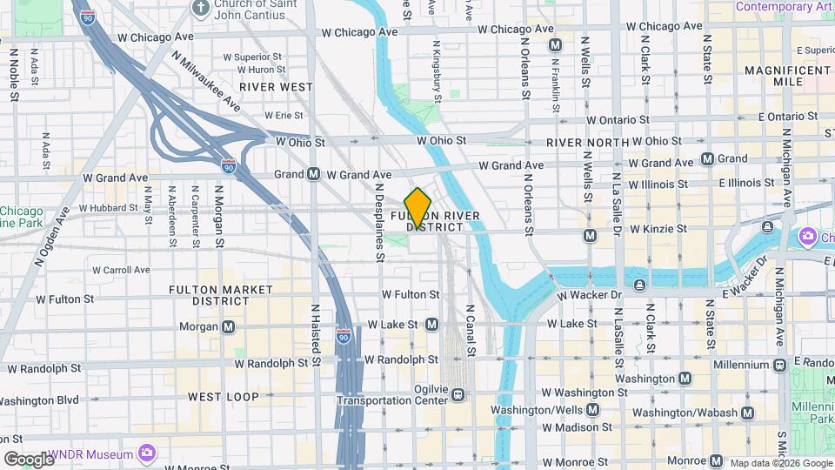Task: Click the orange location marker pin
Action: [417, 208]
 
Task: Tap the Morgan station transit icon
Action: [228, 326]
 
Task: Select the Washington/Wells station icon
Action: [592, 409]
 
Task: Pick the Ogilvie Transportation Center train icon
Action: [456, 396]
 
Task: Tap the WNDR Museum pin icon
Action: [146, 453]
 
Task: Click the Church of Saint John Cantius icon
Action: [201, 9]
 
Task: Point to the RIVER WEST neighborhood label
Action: [276, 87]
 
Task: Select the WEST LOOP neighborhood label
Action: [224, 397]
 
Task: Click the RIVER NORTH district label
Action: [587, 142]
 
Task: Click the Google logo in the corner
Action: [29, 459]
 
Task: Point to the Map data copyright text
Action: [780, 463]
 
